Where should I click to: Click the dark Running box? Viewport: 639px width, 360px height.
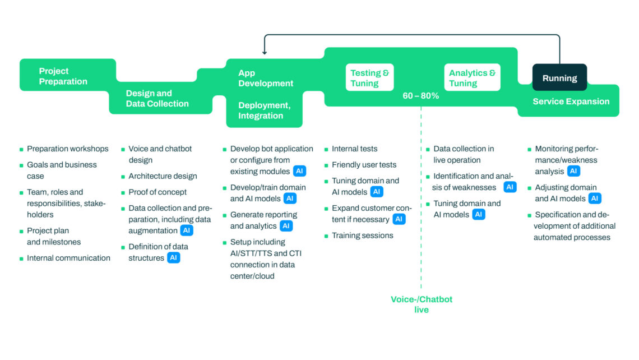tap(559, 77)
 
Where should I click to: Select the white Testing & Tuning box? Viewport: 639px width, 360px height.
tap(369, 77)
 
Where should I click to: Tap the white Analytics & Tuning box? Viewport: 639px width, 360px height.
tap(473, 77)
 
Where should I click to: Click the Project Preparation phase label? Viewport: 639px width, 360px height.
tap(63, 76)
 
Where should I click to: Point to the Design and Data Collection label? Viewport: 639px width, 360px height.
tap(158, 99)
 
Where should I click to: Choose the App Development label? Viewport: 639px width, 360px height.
tap(266, 79)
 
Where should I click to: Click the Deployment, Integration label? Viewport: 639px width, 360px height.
tap(265, 110)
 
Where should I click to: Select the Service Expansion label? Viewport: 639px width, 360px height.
tap(571, 101)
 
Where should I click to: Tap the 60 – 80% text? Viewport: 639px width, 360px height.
tap(420, 96)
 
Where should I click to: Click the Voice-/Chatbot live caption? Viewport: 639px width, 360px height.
tap(422, 304)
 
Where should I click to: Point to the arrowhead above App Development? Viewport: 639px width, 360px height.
tap(265, 52)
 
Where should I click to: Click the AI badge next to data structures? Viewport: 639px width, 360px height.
tap(174, 258)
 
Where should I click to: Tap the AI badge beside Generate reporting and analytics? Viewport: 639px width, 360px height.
tap(286, 226)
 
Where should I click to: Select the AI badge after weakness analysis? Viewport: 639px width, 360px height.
tap(573, 171)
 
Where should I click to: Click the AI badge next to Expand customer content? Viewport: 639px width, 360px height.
tap(399, 219)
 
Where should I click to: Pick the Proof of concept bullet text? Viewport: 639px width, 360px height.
tap(158, 192)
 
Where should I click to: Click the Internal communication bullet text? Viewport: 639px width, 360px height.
tap(68, 258)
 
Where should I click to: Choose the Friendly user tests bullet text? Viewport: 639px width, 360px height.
tap(364, 165)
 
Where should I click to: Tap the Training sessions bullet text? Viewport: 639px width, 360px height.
tap(362, 236)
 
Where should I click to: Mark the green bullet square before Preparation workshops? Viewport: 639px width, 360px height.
tap(21, 150)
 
